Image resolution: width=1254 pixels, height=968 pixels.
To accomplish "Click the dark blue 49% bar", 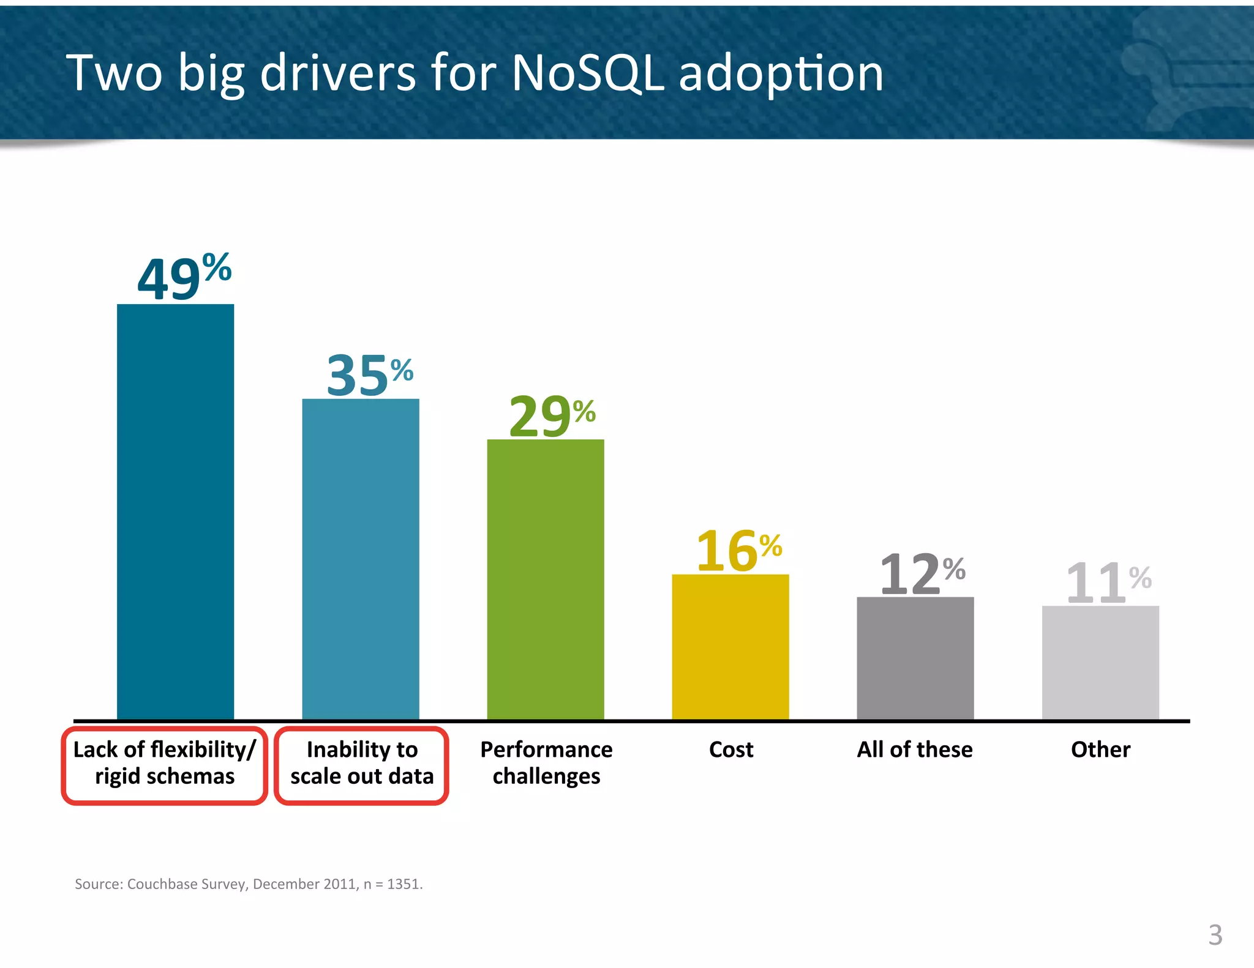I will coord(175,512).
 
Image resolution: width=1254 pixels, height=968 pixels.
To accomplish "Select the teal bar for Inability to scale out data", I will coord(361,559).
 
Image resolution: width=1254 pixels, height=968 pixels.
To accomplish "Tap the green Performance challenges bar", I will coord(546,579).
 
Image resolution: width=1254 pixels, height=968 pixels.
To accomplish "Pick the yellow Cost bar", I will coord(730,646).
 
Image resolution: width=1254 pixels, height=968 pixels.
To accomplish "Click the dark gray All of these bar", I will coord(915,658).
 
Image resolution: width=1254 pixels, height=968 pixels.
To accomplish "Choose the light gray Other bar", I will coord(1100,662).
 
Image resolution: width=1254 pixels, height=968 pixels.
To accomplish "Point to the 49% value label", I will coord(184,277).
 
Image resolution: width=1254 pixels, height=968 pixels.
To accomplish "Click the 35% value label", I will coord(369,374).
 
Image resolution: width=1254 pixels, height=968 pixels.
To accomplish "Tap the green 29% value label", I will coord(552,415).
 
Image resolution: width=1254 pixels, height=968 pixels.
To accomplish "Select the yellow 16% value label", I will coord(738,551).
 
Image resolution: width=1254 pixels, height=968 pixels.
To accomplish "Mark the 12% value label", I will coord(922,573).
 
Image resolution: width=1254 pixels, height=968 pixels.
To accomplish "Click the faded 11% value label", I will coord(1108,582).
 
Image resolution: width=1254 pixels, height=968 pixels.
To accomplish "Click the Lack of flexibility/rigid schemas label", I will coord(164,763).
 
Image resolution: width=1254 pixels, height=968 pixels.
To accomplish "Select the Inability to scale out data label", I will coord(362,763).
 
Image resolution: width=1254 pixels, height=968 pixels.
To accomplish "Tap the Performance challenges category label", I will coord(546,763).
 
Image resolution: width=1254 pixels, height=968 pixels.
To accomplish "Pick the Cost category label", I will coord(731,750).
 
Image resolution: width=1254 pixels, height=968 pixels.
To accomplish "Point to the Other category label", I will coord(1100,750).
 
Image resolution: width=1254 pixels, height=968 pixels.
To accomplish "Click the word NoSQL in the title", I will coord(587,73).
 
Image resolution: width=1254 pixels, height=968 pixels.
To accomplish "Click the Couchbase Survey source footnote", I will coord(249,884).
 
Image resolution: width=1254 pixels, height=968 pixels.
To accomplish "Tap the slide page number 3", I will coord(1215,935).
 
